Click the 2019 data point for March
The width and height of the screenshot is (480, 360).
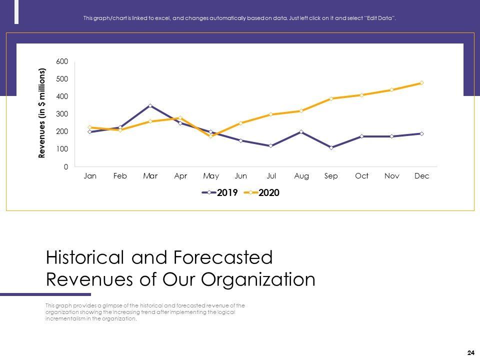click(150, 106)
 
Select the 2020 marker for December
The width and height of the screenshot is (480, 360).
click(421, 83)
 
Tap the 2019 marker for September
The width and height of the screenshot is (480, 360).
click(331, 147)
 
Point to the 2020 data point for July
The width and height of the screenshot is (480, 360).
click(271, 114)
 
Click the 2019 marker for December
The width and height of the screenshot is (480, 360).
click(421, 133)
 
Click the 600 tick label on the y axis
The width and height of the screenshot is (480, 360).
click(62, 61)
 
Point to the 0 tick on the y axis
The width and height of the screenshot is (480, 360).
click(66, 167)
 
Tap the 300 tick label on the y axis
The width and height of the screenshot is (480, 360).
click(62, 114)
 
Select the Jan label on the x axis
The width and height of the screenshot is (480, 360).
click(90, 176)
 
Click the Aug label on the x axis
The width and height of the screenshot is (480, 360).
click(301, 176)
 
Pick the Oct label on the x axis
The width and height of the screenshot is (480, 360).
click(361, 176)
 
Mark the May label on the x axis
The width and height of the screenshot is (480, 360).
click(211, 176)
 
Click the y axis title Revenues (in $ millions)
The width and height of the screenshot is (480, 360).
click(42, 113)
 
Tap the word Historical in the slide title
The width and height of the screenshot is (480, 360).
click(85, 257)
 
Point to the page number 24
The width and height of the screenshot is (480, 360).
click(470, 353)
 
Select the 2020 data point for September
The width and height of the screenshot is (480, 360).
click(331, 98)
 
